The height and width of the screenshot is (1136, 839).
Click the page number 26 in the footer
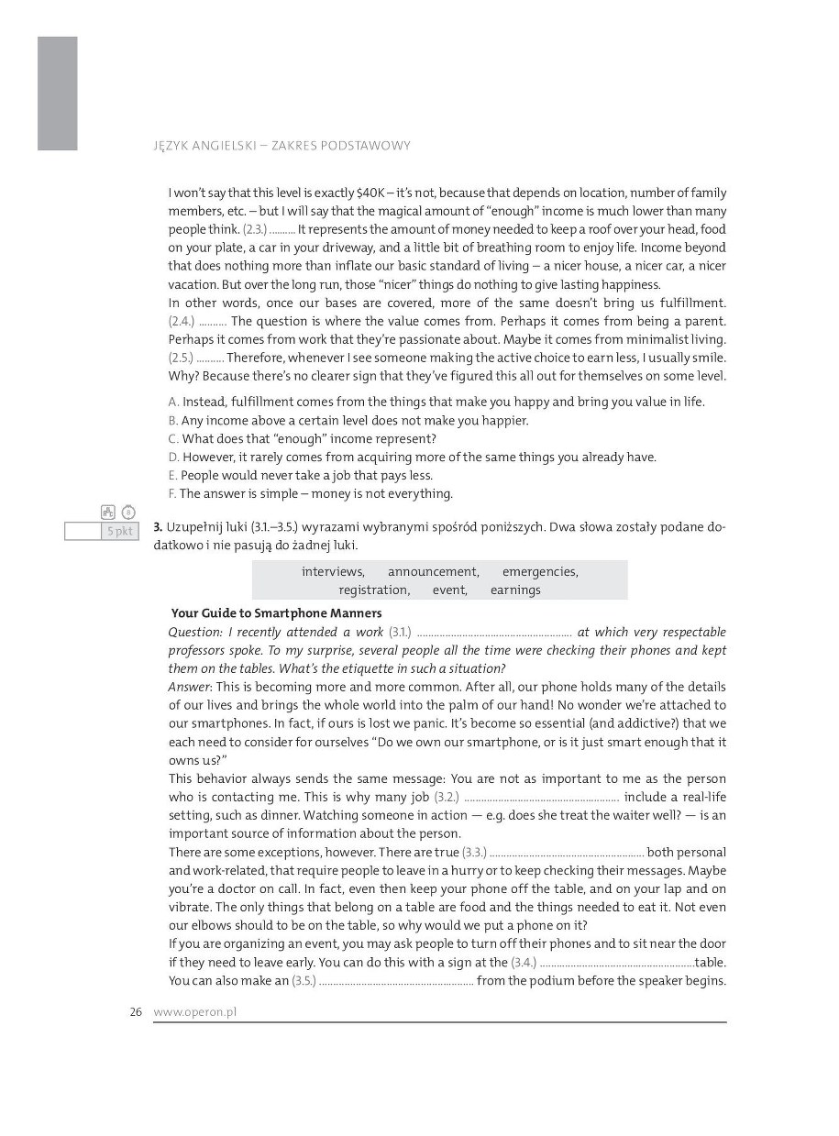tap(136, 1012)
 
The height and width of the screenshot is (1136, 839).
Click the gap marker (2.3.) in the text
tap(255, 229)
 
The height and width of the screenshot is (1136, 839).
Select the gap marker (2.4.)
tap(182, 321)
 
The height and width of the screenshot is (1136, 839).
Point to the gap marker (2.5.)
tap(182, 358)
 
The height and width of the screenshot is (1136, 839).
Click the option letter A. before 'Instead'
tap(174, 402)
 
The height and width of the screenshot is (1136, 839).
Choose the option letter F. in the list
tap(172, 493)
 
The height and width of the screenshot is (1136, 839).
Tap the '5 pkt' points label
tap(119, 531)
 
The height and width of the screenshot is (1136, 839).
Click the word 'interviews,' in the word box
tap(333, 571)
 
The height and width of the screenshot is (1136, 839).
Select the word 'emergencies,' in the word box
tap(540, 571)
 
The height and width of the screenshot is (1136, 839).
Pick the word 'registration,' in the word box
tap(374, 590)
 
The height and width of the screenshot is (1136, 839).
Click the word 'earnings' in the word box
tap(515, 590)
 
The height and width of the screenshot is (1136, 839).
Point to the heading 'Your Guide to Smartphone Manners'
tap(277, 612)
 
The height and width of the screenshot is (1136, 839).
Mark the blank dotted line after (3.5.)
tap(396, 981)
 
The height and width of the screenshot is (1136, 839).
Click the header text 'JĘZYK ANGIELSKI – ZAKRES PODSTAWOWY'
tap(283, 145)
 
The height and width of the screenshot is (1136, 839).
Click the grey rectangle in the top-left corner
tap(57, 93)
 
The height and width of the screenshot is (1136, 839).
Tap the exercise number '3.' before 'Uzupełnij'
tap(158, 526)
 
